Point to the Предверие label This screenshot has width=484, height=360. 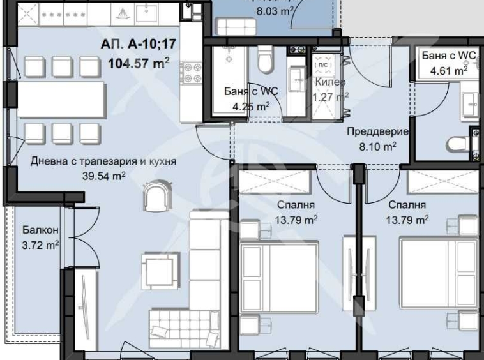pyautogui.click(x=377, y=132)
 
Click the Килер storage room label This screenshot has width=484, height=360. pyautogui.click(x=330, y=83)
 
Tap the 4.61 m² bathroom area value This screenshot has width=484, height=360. pyautogui.click(x=448, y=70)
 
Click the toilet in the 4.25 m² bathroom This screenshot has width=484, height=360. pyautogui.click(x=264, y=61)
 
